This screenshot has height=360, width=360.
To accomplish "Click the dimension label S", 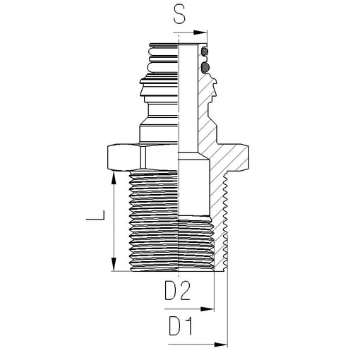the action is (179, 15).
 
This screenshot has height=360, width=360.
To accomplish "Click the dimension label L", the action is (95, 215).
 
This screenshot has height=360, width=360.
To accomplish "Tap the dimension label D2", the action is (177, 291).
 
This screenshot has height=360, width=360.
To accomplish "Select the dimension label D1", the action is (181, 326).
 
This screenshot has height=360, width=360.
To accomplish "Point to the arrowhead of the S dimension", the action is (200, 32).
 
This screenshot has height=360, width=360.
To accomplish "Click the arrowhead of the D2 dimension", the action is (208, 309).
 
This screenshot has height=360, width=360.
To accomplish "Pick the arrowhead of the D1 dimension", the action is (221, 344).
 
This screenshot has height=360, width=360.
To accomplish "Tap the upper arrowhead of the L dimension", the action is (114, 178).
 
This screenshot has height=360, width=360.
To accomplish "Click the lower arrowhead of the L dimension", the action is (114, 264).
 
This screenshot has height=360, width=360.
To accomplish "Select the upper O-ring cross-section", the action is (205, 52).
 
